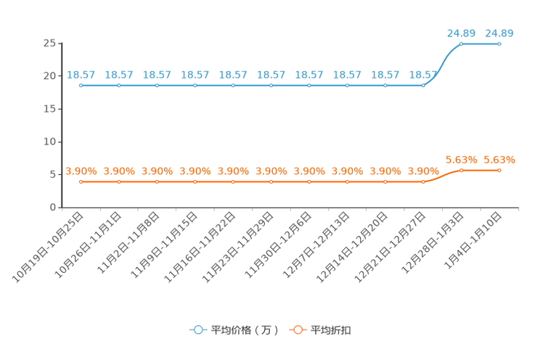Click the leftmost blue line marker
point(81,85)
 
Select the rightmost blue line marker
point(499,44)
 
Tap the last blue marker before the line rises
point(423,85)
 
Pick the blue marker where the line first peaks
point(462,44)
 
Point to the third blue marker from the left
point(157,85)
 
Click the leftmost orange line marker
point(81,182)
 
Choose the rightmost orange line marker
point(499,170)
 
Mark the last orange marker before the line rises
point(423,182)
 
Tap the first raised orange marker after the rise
point(462,170)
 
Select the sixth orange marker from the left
point(271,182)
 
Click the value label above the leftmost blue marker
point(81,74)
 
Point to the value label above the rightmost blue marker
point(499,33)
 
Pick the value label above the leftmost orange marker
point(81,171)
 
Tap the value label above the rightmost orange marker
point(499,159)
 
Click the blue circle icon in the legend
point(198,330)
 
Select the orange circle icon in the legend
point(298,330)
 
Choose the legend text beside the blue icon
point(245,330)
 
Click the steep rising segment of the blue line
point(442,64)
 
